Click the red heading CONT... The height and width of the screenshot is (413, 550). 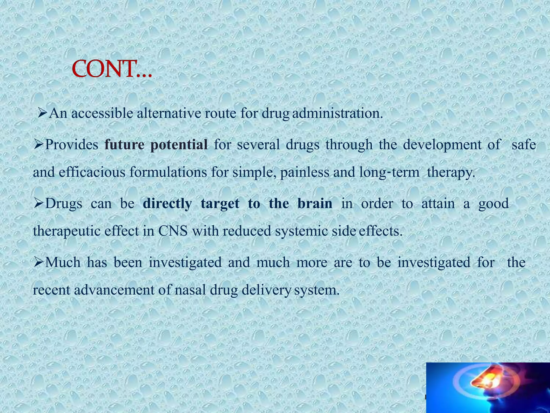coord(112,69)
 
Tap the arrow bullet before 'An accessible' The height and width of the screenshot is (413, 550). coord(42,113)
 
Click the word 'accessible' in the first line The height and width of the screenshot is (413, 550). coord(102,113)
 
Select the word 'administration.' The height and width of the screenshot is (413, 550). coord(337,113)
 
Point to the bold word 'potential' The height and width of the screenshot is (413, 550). coord(179,145)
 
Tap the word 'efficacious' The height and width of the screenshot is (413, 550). coord(92,172)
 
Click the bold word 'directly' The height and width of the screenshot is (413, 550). coord(167,204)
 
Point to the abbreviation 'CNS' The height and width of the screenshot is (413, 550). coord(173,231)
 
